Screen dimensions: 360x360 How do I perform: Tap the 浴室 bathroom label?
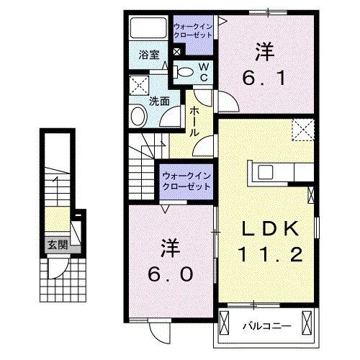click(x=148, y=54)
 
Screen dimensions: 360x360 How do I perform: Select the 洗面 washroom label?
click(x=159, y=101)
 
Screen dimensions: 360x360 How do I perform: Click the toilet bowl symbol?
click(x=185, y=71)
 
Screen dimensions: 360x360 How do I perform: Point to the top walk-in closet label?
click(x=193, y=31)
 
